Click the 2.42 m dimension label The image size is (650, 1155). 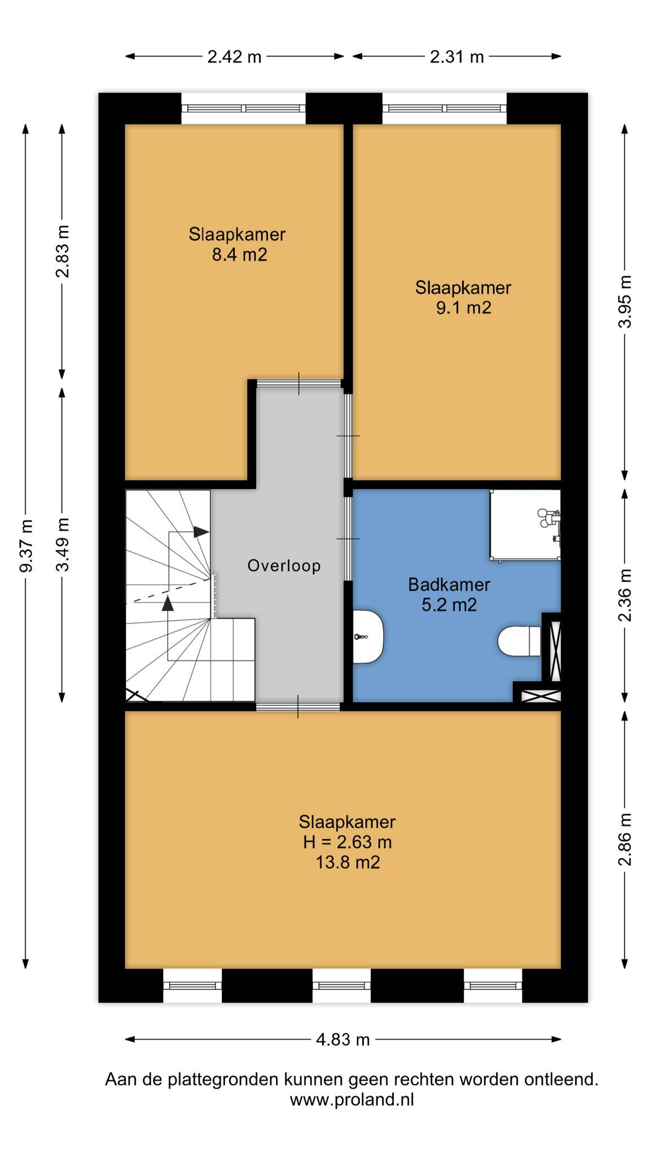point(234,56)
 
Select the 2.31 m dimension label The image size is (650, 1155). point(456,56)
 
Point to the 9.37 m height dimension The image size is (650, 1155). point(26,545)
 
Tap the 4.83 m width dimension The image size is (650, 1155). point(342,1039)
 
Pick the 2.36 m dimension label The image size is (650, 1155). point(625,594)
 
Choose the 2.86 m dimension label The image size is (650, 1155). point(625,839)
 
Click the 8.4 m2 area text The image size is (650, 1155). point(239,255)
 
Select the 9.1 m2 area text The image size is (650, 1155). point(463,308)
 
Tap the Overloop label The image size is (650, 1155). point(284,566)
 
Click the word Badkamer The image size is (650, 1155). point(449,584)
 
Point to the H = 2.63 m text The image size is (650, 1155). point(347,842)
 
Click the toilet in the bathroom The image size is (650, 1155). point(520,641)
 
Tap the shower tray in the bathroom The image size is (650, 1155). point(525,524)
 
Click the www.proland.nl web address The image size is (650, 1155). point(352,1099)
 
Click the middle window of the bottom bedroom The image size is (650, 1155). point(341,985)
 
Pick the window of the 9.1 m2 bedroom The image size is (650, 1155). point(445,108)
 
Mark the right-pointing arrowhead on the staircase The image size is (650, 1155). point(201,531)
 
